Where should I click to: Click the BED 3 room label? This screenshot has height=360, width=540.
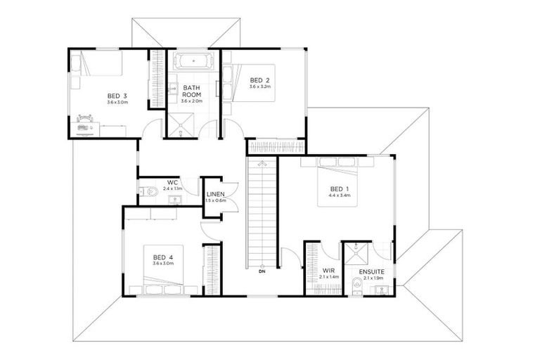click(x=117, y=96)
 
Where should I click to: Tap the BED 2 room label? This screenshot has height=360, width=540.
click(x=259, y=80)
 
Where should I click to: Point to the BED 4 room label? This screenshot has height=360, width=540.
click(x=162, y=257)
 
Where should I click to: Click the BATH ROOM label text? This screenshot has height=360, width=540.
click(x=192, y=91)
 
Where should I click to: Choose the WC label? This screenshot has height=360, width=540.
click(x=172, y=183)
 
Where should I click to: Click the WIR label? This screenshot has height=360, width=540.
click(x=328, y=271)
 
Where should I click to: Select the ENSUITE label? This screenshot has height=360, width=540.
click(x=371, y=271)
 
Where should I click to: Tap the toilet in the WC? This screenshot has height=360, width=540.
click(x=150, y=190)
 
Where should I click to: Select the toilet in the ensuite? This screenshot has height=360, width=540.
click(x=357, y=284)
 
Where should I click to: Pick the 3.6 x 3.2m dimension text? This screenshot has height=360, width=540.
click(x=259, y=87)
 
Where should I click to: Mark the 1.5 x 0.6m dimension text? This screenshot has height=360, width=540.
click(x=214, y=201)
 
